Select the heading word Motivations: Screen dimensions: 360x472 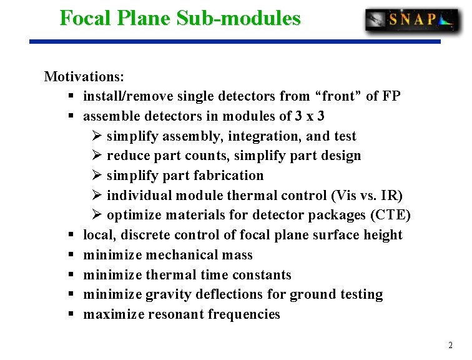[x=84, y=77]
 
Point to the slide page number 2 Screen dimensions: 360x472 [x=450, y=346]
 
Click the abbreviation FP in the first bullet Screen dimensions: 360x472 [x=391, y=96]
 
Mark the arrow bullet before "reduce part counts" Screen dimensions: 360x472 [x=97, y=156]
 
